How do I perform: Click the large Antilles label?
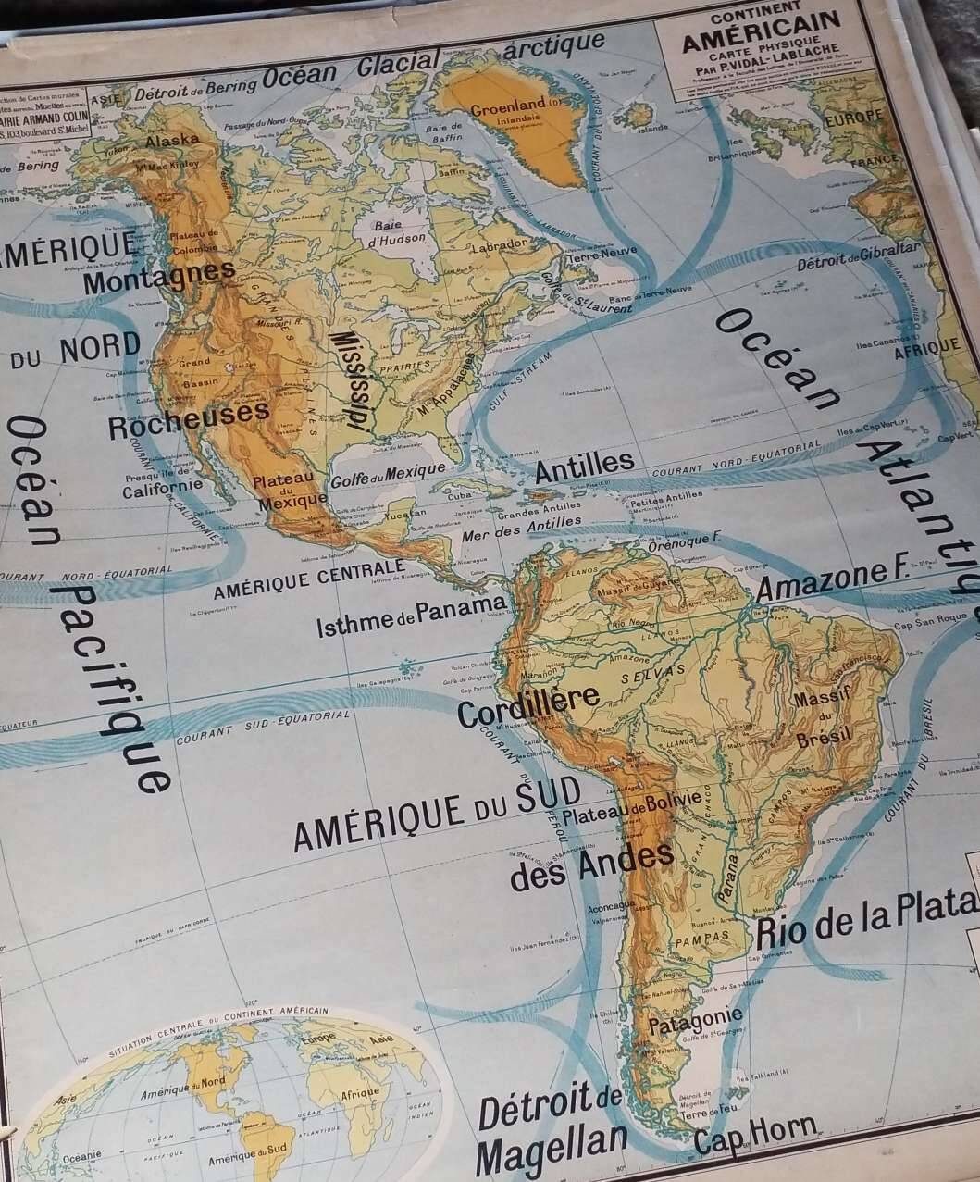point(585,466)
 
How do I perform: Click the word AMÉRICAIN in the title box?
point(761,20)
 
